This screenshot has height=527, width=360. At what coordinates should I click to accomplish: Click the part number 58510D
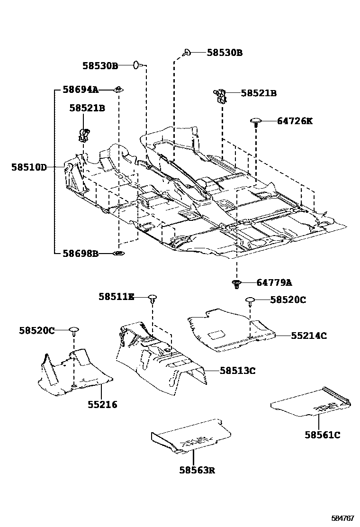(x=29, y=167)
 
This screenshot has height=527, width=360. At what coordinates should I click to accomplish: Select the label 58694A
(x=81, y=90)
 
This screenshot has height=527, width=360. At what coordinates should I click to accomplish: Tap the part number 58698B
(x=81, y=254)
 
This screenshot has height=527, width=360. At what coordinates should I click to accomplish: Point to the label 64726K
(x=295, y=121)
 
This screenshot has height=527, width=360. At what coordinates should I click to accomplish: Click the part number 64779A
(x=274, y=283)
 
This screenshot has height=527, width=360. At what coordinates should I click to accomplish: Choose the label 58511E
(x=116, y=297)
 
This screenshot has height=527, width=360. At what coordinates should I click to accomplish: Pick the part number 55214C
(x=308, y=336)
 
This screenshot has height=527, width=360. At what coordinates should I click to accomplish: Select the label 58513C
(x=237, y=371)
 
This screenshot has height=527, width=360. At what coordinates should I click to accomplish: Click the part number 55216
(x=102, y=405)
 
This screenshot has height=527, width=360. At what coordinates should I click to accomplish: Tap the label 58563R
(x=197, y=470)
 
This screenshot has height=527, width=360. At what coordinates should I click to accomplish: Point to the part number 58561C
(x=322, y=435)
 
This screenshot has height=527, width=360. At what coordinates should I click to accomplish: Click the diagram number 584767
(x=342, y=518)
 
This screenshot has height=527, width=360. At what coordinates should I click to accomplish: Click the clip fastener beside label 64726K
(x=256, y=122)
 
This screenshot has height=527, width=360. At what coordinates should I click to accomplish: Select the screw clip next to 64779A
(x=237, y=284)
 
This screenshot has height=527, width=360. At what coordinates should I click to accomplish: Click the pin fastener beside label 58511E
(x=153, y=299)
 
